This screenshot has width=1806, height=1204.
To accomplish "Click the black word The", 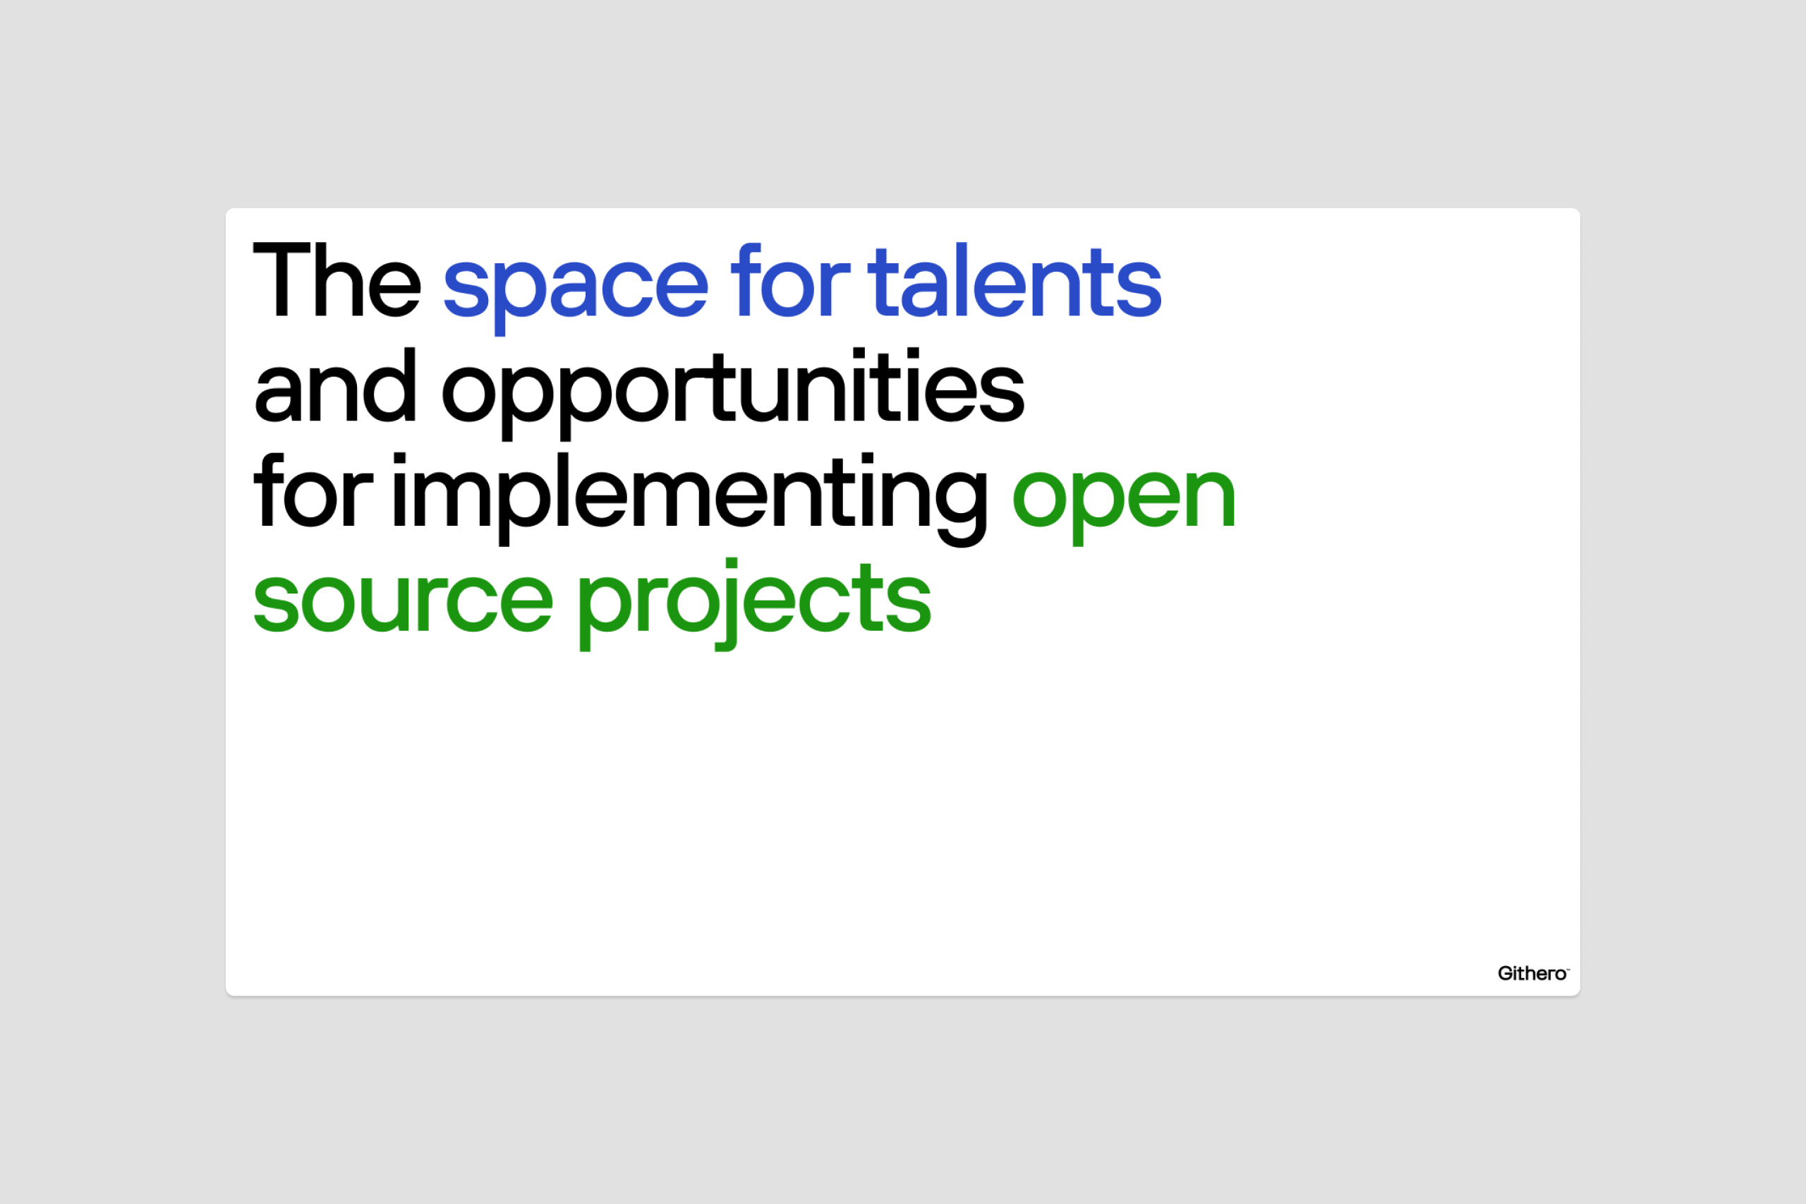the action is [337, 279].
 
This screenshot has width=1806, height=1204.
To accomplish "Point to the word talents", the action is [1014, 280].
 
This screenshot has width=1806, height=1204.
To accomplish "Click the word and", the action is [335, 385].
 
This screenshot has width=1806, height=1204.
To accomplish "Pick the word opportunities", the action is [733, 393].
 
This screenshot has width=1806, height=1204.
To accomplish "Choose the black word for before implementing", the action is [313, 490].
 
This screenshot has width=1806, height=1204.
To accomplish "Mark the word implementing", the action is [690, 499].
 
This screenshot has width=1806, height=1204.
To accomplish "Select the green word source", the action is [403, 603].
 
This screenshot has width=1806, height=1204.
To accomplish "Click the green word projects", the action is [754, 604].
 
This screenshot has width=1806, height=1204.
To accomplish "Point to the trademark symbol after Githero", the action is [1568, 969].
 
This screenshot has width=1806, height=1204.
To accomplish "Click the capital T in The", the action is [281, 279].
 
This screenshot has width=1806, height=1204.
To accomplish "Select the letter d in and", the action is [394, 385].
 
